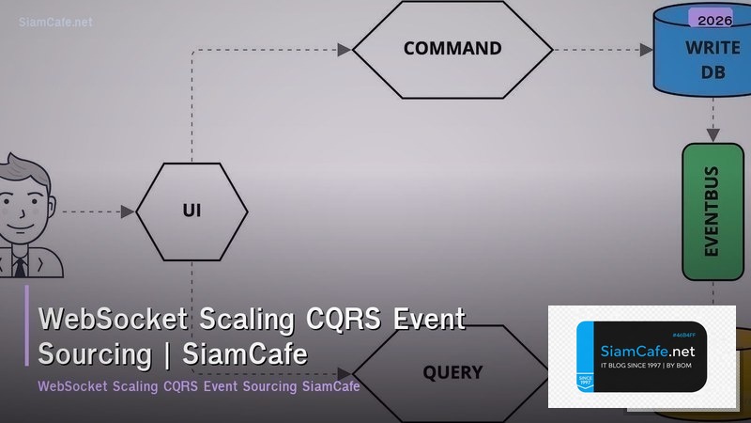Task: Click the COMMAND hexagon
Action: pyautogui.click(x=452, y=49)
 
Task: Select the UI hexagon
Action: pyautogui.click(x=192, y=211)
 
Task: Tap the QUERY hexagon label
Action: pyautogui.click(x=452, y=372)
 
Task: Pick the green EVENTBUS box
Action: pyautogui.click(x=713, y=211)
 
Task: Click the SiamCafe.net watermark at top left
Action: pyautogui.click(x=56, y=22)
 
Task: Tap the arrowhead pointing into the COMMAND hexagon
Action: pyautogui.click(x=345, y=49)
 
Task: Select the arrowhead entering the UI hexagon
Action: pyautogui.click(x=129, y=211)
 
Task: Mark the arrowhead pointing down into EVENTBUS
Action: pyautogui.click(x=713, y=135)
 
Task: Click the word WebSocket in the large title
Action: pyautogui.click(x=115, y=321)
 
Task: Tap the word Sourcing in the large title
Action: pyautogui.click(x=95, y=354)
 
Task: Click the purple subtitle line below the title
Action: pyautogui.click(x=199, y=386)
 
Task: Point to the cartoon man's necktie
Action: pyautogui.click(x=19, y=266)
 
